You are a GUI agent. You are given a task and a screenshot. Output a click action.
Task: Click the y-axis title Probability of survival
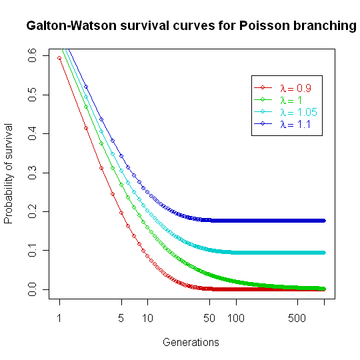9,173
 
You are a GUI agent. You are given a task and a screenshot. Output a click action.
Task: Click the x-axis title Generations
191,343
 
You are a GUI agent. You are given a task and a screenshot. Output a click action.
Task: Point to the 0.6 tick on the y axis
32,57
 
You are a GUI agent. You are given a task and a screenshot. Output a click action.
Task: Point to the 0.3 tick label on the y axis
32,173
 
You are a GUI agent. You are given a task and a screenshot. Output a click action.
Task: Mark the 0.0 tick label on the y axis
32,289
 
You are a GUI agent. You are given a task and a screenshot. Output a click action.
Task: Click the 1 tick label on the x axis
59,319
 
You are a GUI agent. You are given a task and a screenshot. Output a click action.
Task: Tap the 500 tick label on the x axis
297,319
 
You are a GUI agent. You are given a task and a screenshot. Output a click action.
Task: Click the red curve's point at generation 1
59,58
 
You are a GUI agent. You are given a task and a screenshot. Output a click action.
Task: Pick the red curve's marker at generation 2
86,129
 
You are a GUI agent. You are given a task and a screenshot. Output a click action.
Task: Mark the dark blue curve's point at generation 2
86,87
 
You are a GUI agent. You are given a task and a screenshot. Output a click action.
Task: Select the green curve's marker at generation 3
101,143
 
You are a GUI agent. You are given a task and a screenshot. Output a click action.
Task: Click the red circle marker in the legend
263,88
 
